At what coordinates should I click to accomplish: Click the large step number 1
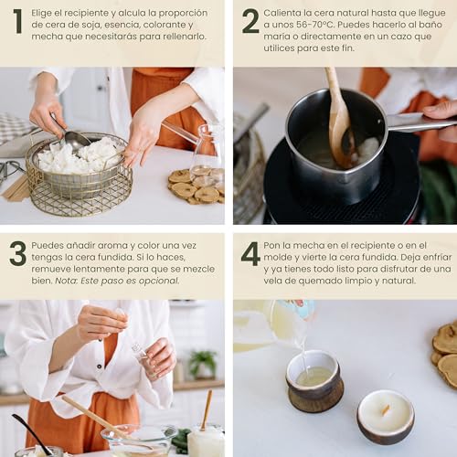click(x=17, y=21)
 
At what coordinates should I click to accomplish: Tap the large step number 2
click(x=250, y=21)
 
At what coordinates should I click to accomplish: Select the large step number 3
click(x=17, y=253)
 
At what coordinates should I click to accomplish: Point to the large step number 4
click(x=250, y=253)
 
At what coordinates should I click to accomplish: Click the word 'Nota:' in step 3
click(x=67, y=281)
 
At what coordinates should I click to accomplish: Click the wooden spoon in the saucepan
click(x=339, y=119)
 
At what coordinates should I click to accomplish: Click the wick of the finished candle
click(x=386, y=410)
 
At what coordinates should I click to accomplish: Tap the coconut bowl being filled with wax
click(x=315, y=381)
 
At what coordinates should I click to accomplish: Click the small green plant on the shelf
click(x=202, y=364)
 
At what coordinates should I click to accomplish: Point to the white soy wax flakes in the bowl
click(x=80, y=155)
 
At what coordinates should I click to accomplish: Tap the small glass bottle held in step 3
click(x=143, y=358)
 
